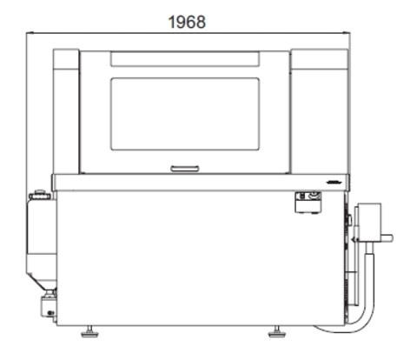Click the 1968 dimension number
point(187,22)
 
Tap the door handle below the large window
point(185,169)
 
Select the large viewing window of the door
point(185,114)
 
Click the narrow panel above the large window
point(185,59)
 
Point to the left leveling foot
point(89,332)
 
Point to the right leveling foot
point(277,332)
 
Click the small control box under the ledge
point(308,203)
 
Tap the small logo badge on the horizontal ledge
point(334,183)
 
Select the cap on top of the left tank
point(40,195)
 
